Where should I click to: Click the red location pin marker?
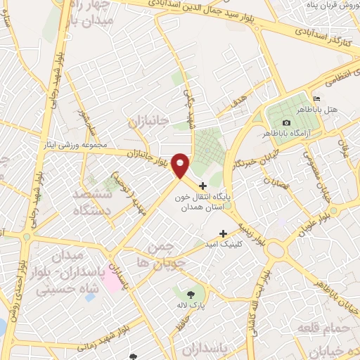[x=180, y=165]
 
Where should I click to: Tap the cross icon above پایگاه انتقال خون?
[x=203, y=186]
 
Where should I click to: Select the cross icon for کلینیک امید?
[x=224, y=233]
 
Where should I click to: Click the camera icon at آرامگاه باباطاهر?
[x=286, y=123]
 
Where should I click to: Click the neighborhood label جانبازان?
[x=148, y=121]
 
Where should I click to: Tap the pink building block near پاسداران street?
[x=110, y=279]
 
